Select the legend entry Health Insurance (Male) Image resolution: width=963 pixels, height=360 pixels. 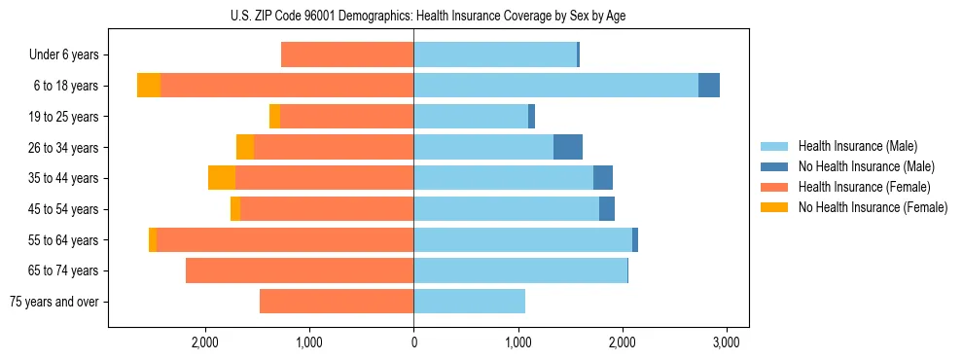click(857, 146)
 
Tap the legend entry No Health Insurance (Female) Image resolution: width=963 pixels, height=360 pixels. click(872, 207)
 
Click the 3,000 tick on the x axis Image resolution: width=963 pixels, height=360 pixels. click(727, 342)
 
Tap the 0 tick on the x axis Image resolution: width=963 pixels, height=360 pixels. click(413, 342)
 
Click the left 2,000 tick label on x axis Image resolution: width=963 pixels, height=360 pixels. click(204, 342)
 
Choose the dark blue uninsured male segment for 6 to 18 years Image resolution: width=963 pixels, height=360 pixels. click(709, 86)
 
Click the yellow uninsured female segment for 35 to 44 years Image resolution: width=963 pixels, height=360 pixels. click(222, 178)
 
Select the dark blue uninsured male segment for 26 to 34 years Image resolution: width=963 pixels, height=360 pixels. click(568, 147)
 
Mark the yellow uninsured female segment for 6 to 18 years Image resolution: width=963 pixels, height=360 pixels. click(149, 86)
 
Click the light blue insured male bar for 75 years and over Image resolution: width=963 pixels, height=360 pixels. click(469, 302)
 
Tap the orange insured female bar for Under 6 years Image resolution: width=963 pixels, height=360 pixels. click(347, 54)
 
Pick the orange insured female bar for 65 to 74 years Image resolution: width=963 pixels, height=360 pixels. click(300, 270)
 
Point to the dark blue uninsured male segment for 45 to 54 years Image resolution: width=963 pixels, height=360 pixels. click(607, 209)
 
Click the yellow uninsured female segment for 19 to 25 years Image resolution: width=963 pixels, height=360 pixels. click(275, 117)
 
